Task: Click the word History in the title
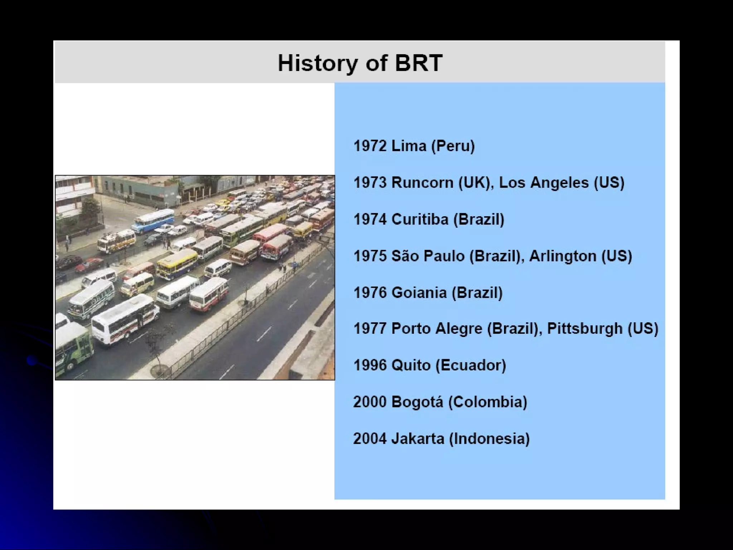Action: point(317,63)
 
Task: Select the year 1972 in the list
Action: point(370,146)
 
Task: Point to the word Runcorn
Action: point(422,183)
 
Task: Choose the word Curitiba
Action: point(419,219)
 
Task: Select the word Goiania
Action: point(419,293)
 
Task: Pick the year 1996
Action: point(370,365)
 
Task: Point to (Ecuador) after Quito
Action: point(470,365)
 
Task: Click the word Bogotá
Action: point(417,402)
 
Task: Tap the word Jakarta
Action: point(417,439)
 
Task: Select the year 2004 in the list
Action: point(370,439)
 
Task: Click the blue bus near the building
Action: point(153,219)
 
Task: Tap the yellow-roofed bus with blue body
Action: point(177,264)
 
